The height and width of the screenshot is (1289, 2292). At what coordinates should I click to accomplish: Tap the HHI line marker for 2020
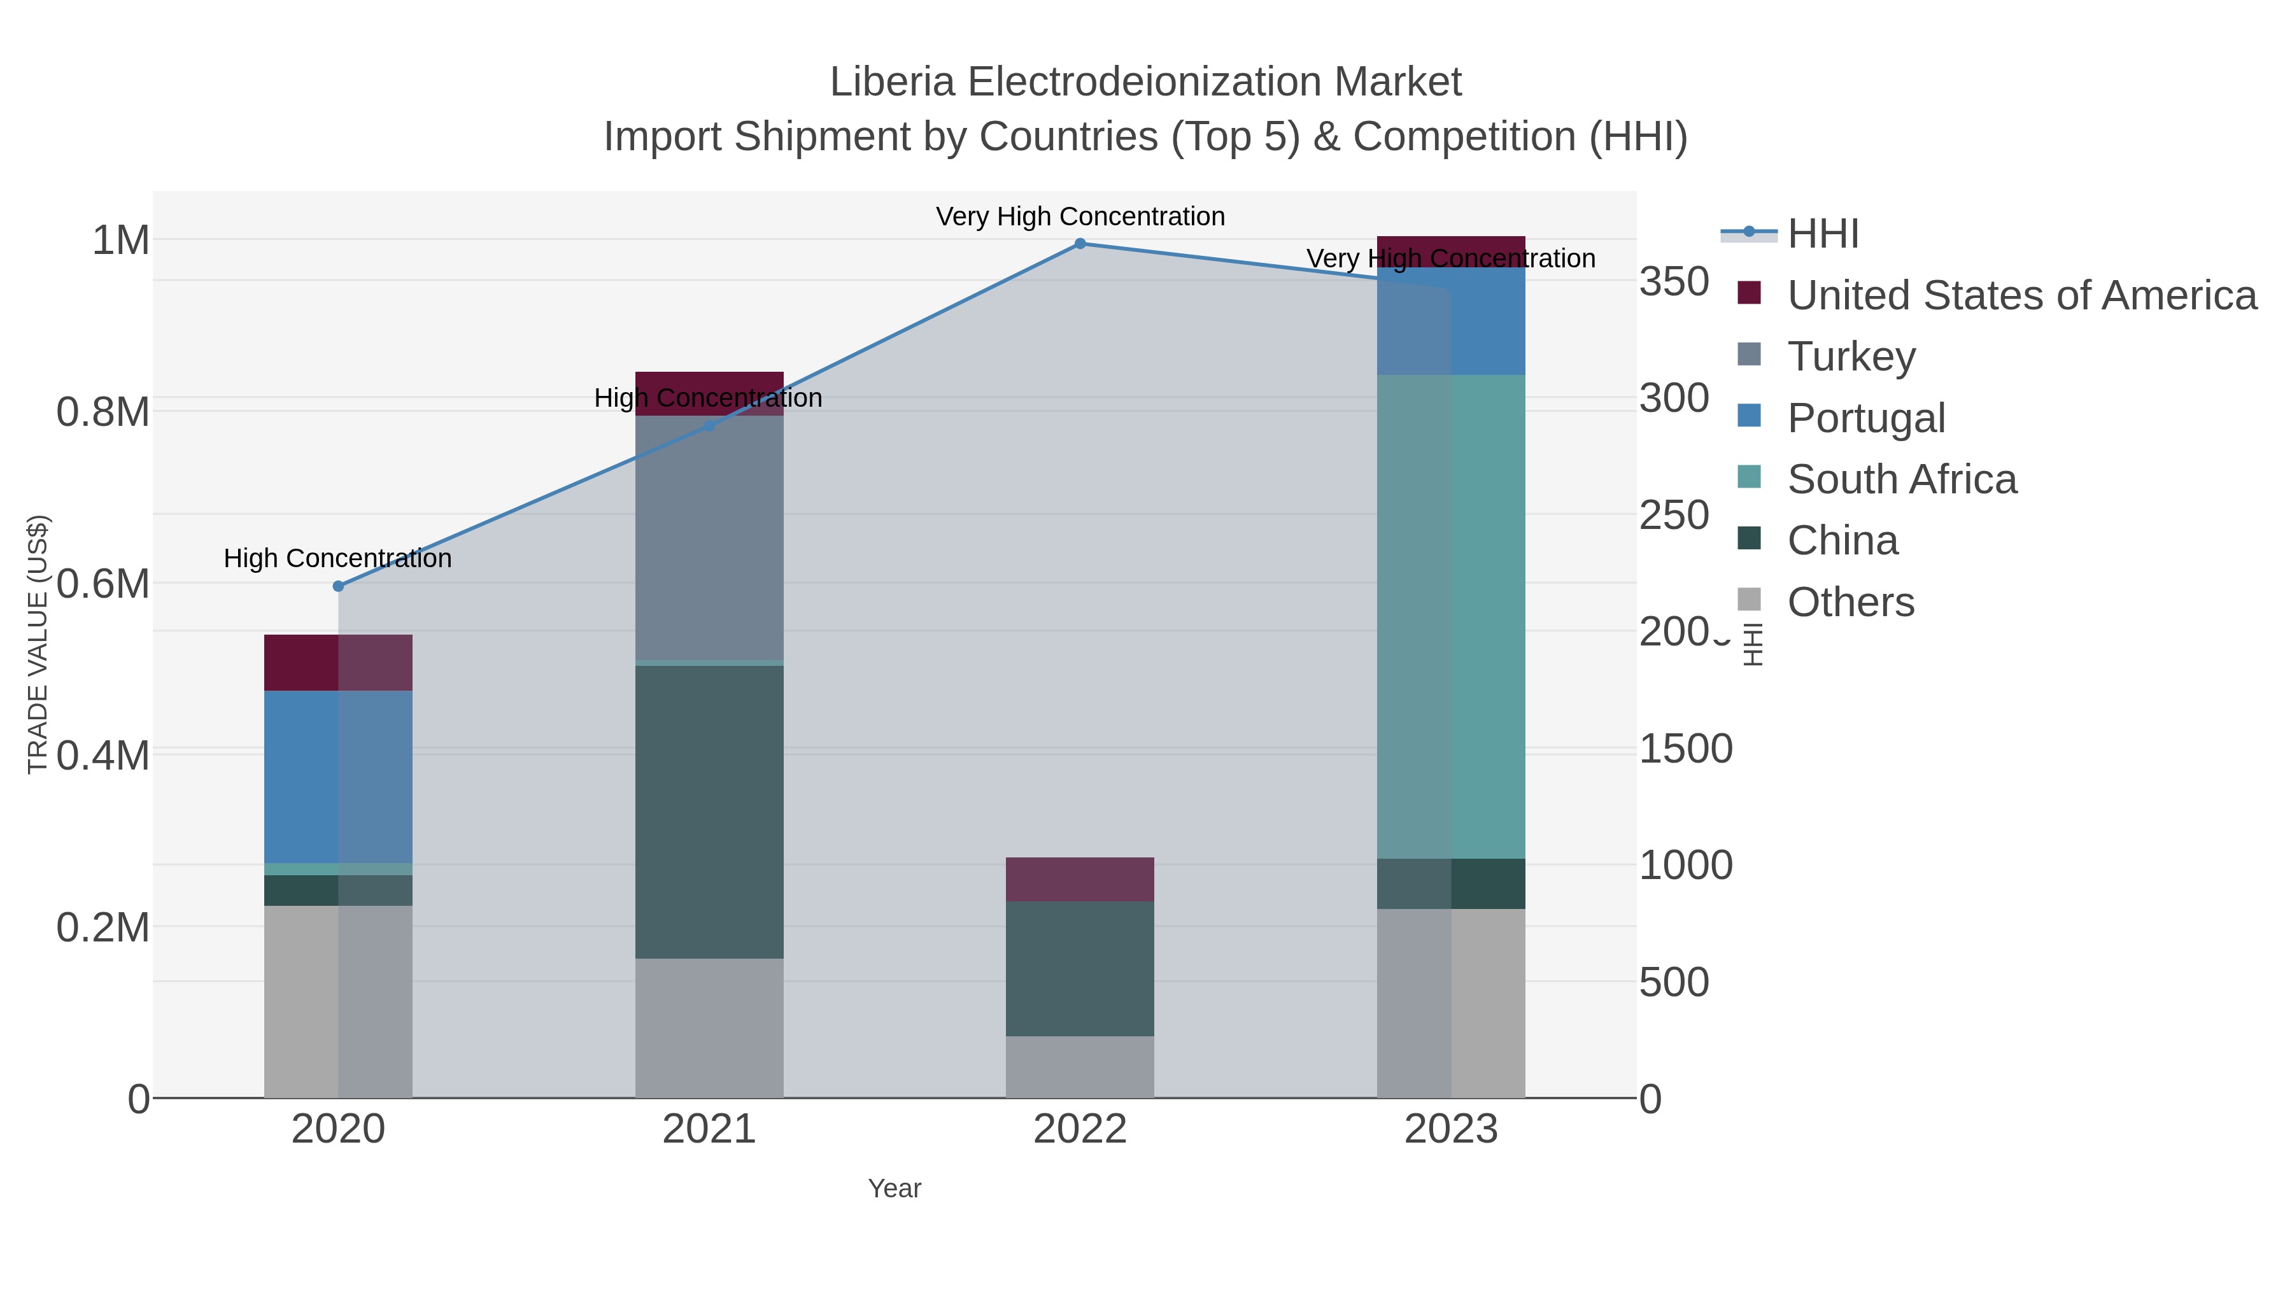[x=338, y=586]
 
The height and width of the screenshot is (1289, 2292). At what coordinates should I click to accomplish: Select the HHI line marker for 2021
[x=709, y=426]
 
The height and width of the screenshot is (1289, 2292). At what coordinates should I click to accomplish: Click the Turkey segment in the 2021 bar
[x=709, y=538]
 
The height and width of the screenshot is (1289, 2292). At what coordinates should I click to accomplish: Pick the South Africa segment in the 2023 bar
[x=1450, y=616]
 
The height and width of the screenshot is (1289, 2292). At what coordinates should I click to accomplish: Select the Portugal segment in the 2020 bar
[x=338, y=777]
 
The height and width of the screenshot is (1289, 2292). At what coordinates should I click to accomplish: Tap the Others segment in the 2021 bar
[x=709, y=1027]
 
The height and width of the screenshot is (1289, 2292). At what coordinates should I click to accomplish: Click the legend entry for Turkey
[x=1851, y=356]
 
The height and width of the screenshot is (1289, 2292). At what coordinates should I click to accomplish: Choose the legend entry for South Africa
[x=1901, y=479]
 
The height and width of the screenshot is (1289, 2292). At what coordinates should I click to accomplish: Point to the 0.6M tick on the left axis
[x=103, y=584]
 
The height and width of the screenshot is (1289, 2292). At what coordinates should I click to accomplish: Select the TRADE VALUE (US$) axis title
[x=38, y=644]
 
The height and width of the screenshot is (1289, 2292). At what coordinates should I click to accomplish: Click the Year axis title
[x=895, y=1188]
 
